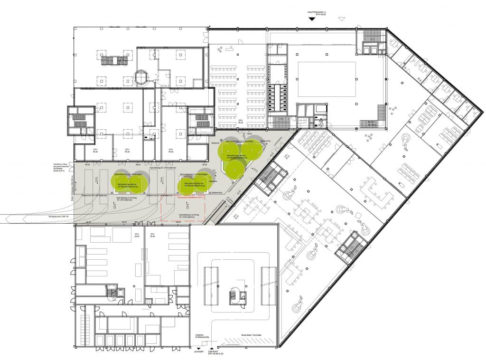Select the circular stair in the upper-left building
coord(141,76)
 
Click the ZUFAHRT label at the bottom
coord(198,352)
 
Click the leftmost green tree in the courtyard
coord(119,181)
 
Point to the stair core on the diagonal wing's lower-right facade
coord(352,247)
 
